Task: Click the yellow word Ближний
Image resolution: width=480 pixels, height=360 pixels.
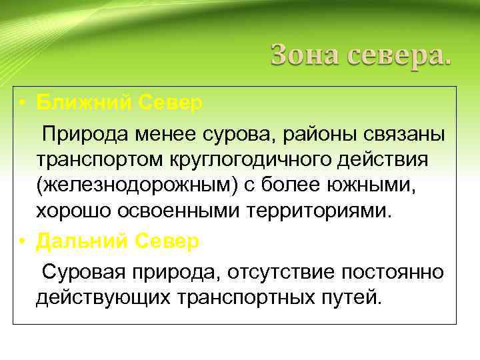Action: click(x=83, y=103)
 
